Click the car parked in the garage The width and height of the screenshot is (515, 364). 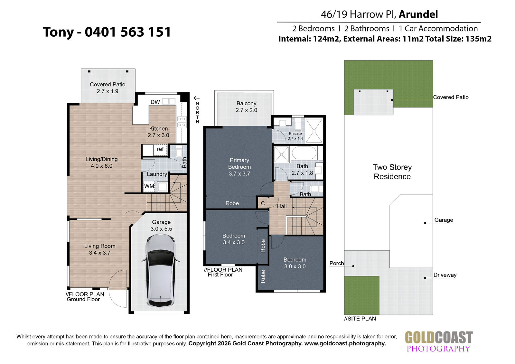coord(161,271)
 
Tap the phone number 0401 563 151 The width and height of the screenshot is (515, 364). coord(128,32)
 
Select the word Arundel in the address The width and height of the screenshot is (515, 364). coord(418,14)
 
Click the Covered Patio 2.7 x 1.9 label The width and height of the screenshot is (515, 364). coord(108,88)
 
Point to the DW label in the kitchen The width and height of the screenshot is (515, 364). coord(155,102)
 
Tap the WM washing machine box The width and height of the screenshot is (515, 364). coord(149,186)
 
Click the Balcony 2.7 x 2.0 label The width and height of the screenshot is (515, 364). coord(246,107)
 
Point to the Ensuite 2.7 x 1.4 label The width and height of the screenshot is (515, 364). coord(295,136)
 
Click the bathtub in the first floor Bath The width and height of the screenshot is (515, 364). coord(304,153)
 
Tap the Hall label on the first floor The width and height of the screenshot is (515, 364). coord(282,207)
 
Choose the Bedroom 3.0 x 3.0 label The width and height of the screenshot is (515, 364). coord(295,263)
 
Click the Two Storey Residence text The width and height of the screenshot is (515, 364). coord(392,172)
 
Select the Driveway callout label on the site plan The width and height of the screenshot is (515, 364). coord(445,275)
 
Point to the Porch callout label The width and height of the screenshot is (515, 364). coord(337,263)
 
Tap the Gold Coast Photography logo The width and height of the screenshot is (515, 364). coord(439,342)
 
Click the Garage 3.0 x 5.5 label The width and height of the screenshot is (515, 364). coord(161,225)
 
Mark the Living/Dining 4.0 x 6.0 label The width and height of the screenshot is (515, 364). coord(101,162)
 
